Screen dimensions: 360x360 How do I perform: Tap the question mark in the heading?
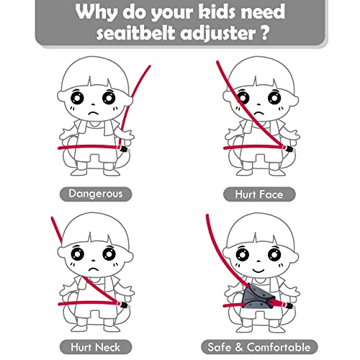[x=264, y=32]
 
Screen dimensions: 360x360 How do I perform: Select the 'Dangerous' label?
[x=96, y=194]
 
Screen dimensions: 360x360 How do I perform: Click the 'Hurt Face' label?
[x=259, y=194]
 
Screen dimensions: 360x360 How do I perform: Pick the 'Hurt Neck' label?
[x=96, y=347]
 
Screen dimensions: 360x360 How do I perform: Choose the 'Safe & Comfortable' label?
[x=259, y=347]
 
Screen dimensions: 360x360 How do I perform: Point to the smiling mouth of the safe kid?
[x=258, y=270]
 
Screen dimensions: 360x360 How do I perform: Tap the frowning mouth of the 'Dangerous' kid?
[x=94, y=114]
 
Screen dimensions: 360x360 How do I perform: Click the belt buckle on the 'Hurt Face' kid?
[x=290, y=149]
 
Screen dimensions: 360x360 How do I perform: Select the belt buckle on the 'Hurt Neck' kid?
[x=124, y=305]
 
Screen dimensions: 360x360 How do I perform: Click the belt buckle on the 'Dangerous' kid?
[x=124, y=149]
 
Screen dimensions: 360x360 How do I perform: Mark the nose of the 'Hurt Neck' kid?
[x=94, y=261]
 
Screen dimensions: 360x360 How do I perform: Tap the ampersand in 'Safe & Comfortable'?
[x=239, y=347]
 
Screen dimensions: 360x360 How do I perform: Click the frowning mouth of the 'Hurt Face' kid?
[x=258, y=114]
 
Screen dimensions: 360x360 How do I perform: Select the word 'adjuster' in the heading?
[x=218, y=33]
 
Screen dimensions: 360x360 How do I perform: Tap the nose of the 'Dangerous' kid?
[x=94, y=104]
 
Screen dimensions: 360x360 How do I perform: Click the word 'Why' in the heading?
[x=96, y=12]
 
